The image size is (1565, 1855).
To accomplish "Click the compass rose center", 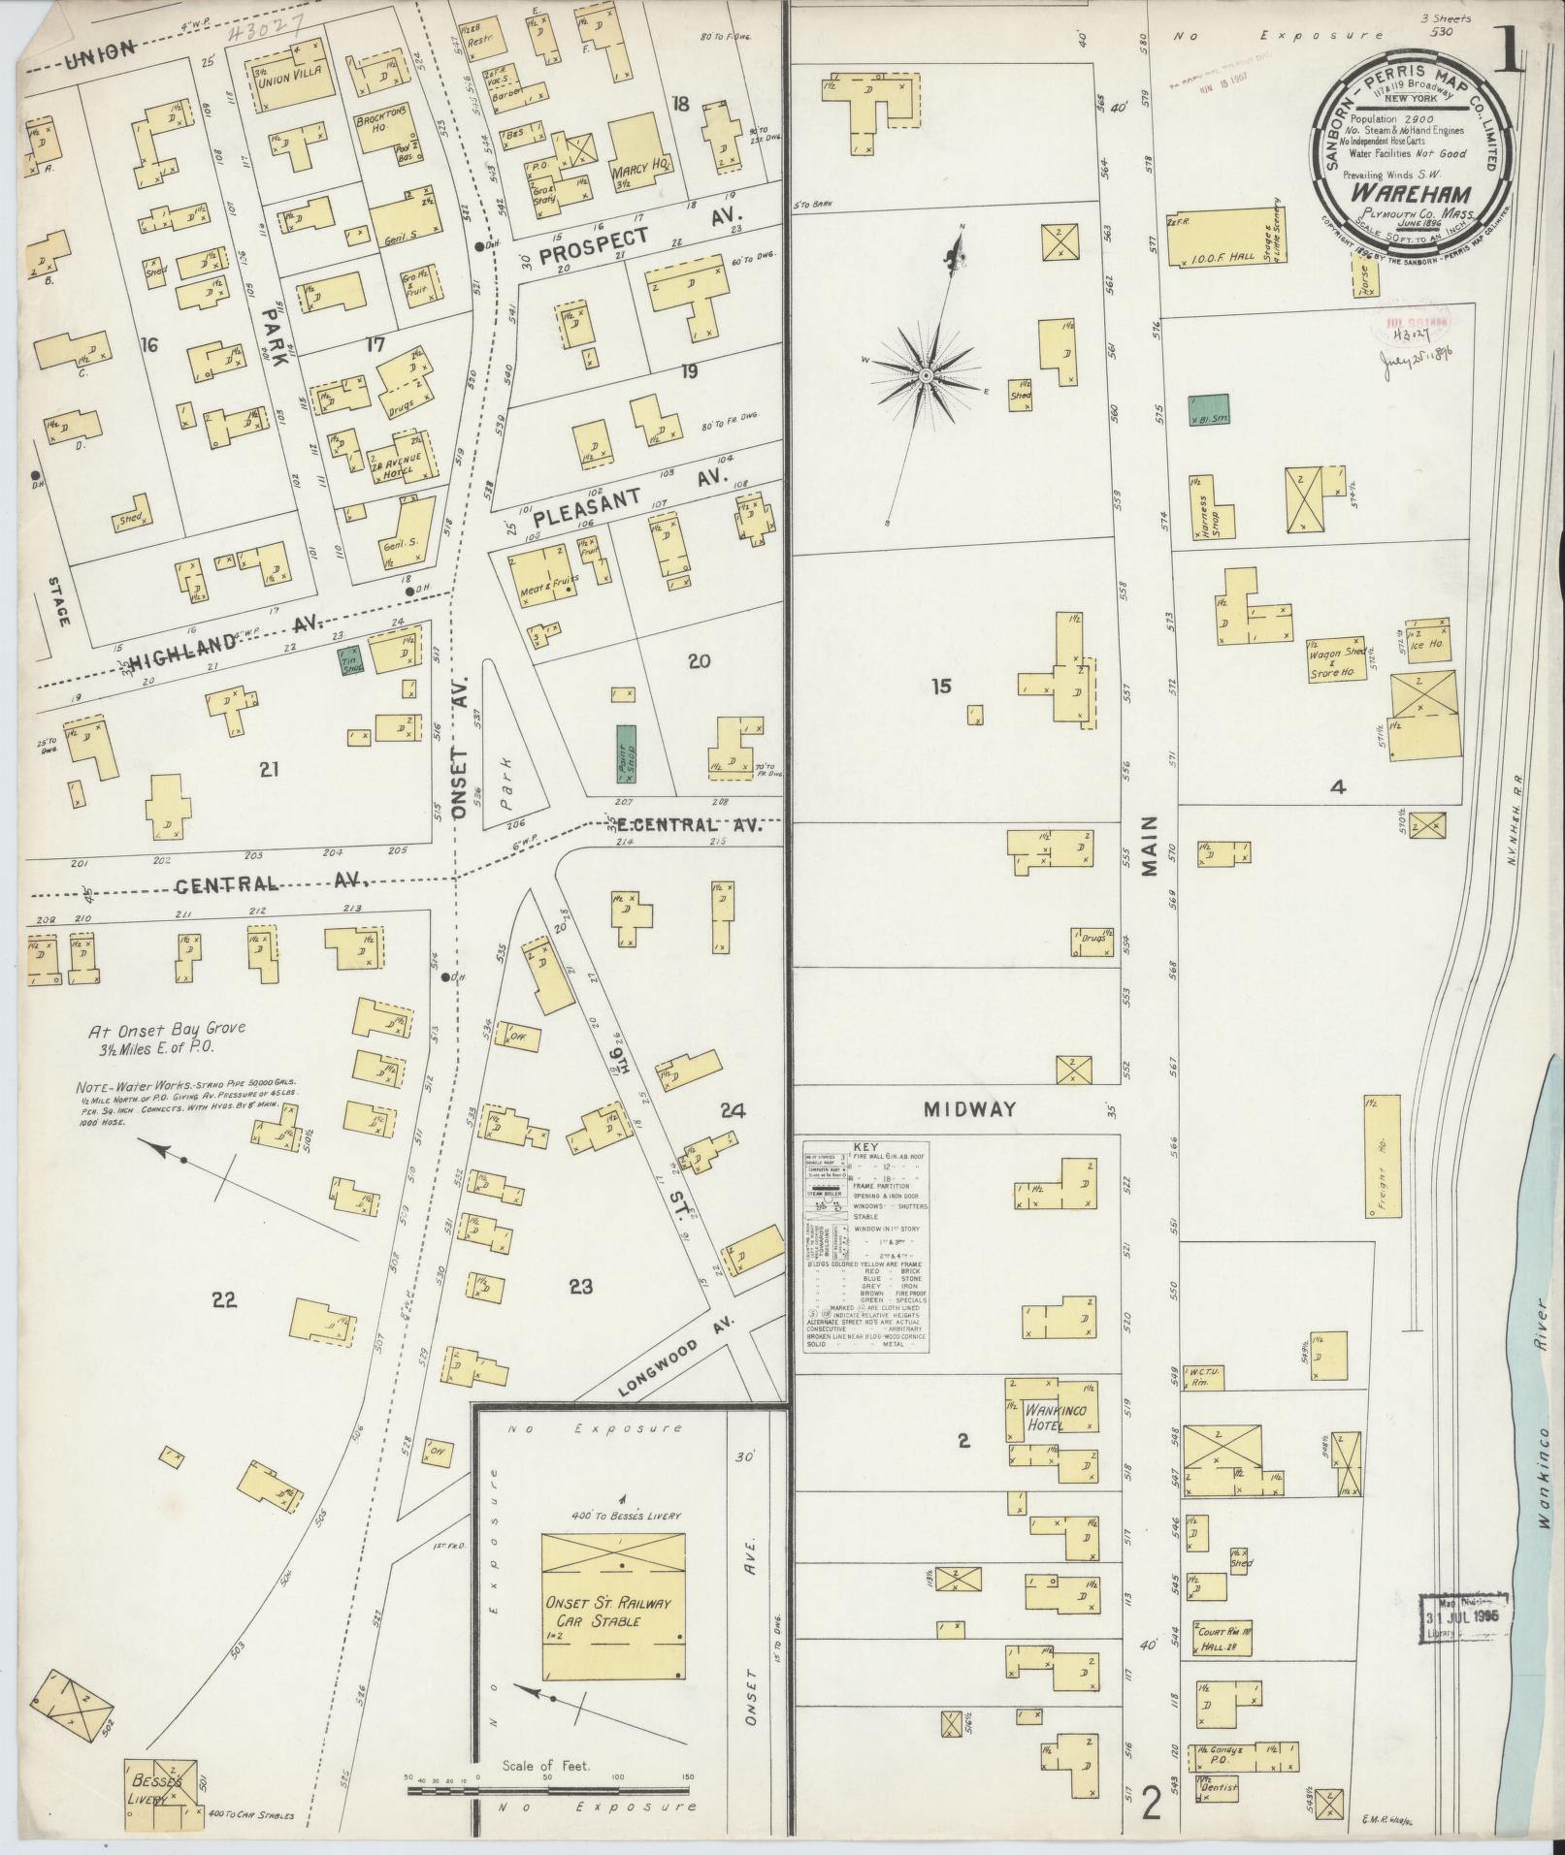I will point(927,374).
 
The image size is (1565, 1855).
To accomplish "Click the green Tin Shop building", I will point(351,660).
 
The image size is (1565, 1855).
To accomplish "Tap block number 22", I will point(224,1300).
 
